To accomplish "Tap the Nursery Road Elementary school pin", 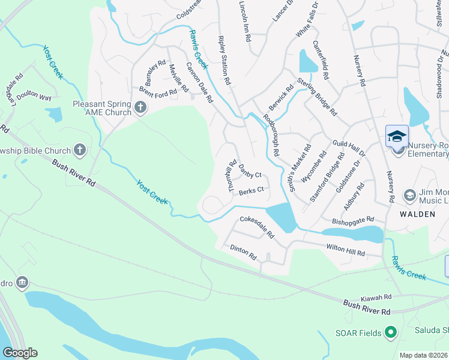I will [397, 136].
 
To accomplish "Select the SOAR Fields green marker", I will [391, 331].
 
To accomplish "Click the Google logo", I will [20, 353].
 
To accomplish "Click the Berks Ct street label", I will [252, 191].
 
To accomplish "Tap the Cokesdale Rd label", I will [256, 227].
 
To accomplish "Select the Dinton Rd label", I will [243, 252].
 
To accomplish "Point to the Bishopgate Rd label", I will [354, 221].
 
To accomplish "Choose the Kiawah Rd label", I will [376, 297].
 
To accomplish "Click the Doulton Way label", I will [34, 97].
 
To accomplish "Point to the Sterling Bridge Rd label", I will [317, 95].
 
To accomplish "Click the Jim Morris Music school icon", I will [409, 195].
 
